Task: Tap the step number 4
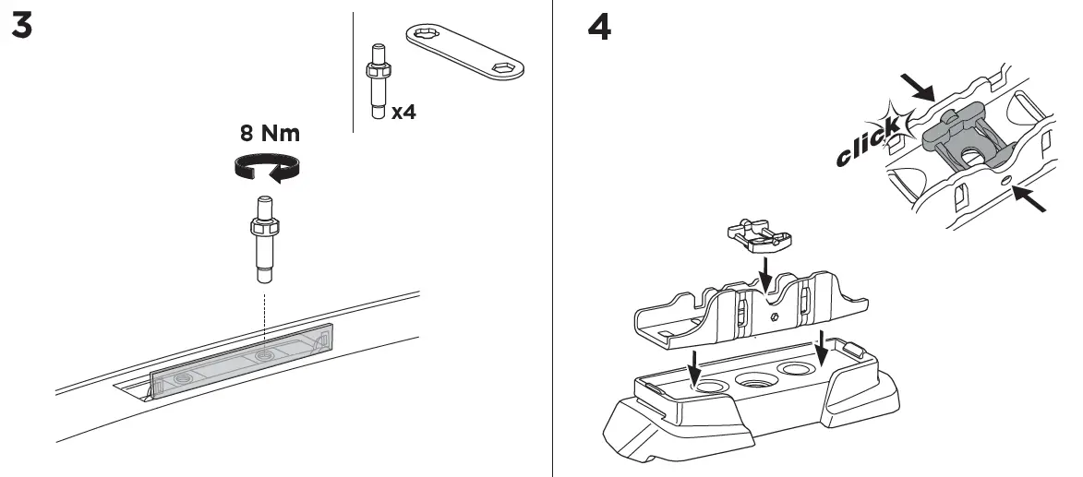pos(599,28)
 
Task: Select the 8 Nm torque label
pos(270,133)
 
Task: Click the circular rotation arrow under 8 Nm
pos(267,166)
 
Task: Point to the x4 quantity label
pos(403,112)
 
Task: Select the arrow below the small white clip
pos(764,273)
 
